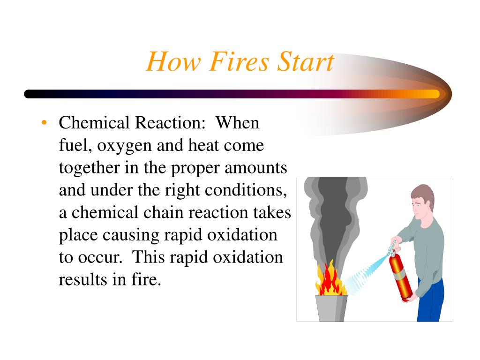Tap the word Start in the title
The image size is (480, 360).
(305, 62)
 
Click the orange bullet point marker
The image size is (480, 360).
(44, 123)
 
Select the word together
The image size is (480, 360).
(88, 168)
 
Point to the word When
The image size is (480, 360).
(237, 123)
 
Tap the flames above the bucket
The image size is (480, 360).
(330, 281)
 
